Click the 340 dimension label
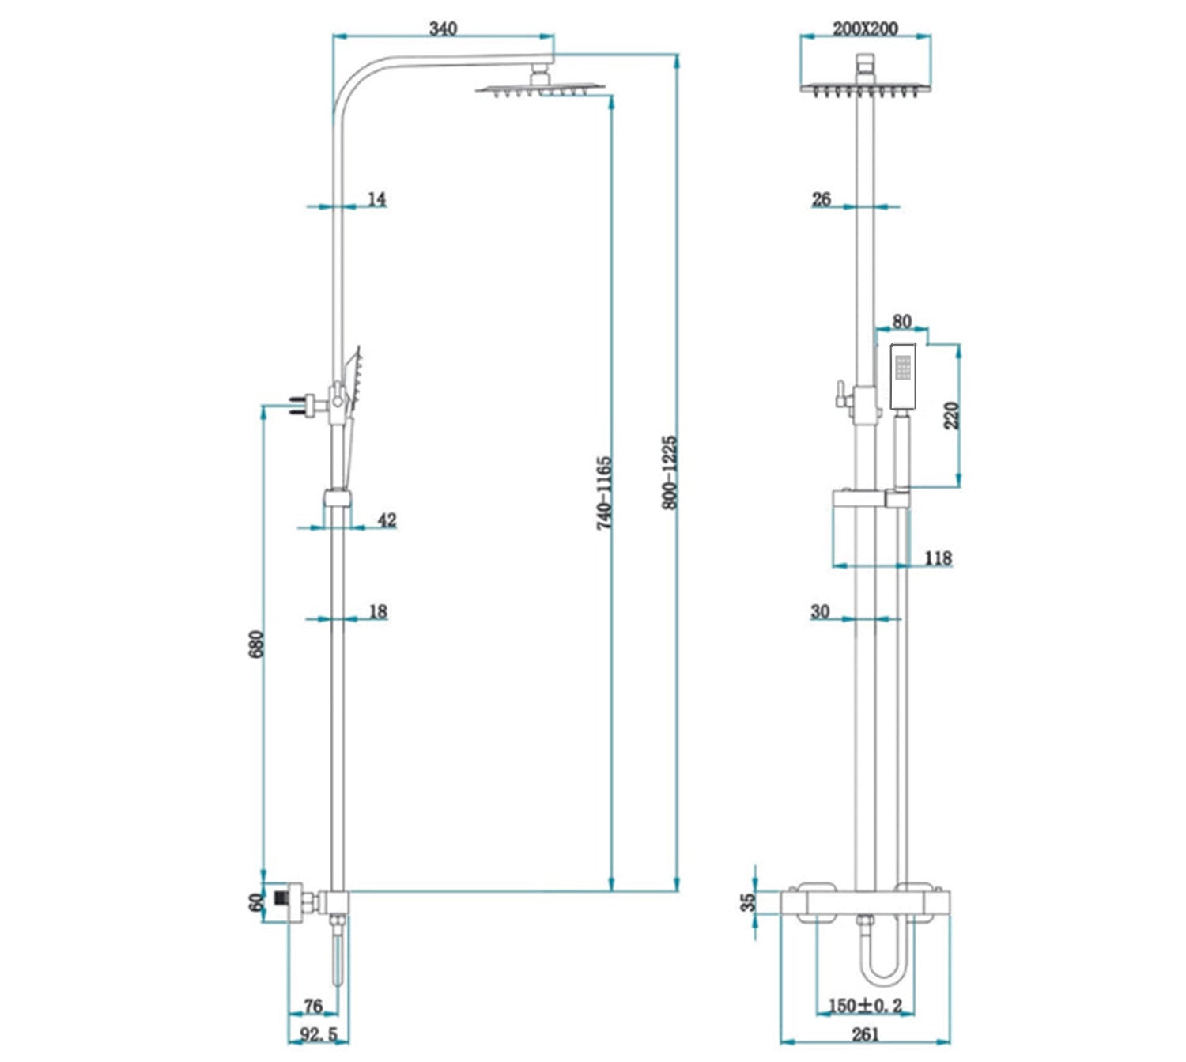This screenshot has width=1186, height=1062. click(x=443, y=28)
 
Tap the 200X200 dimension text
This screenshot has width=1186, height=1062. click(x=865, y=28)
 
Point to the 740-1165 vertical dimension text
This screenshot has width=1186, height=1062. click(x=604, y=493)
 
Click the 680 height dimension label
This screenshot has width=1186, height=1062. click(x=256, y=644)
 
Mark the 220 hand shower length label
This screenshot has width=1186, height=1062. click(x=951, y=415)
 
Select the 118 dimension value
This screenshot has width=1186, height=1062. click(x=938, y=558)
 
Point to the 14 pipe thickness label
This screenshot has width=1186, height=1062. click(x=376, y=199)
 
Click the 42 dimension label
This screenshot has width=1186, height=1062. click(x=387, y=520)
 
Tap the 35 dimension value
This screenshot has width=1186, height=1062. click(x=748, y=902)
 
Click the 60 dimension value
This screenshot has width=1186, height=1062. click(x=256, y=902)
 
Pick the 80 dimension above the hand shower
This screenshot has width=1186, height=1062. click(x=901, y=321)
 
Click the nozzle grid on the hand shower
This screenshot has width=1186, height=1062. click(x=903, y=366)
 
